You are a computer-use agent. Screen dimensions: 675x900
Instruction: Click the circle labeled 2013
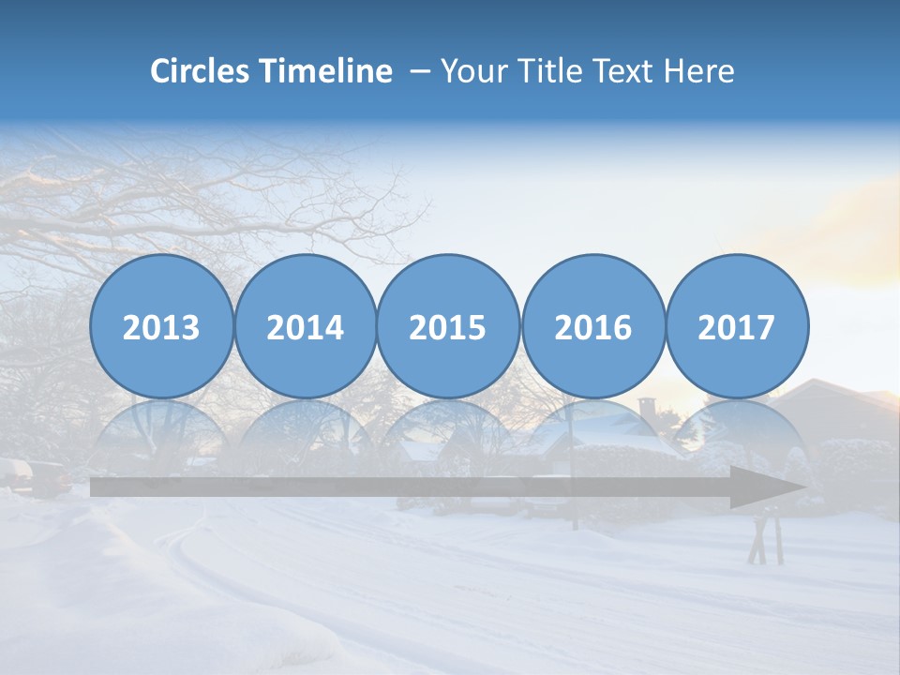click(161, 326)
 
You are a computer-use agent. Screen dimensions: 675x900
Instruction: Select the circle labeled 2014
click(305, 326)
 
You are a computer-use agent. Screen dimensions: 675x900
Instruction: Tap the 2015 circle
click(448, 326)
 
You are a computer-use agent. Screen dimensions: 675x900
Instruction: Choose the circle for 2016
click(592, 326)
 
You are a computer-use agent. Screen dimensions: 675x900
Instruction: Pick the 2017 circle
click(736, 326)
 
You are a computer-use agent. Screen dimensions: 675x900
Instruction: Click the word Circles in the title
click(201, 71)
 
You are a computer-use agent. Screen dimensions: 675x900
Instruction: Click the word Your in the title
click(470, 71)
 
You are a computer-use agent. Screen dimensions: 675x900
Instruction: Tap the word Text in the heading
click(621, 71)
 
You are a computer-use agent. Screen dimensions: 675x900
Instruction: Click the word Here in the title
click(698, 71)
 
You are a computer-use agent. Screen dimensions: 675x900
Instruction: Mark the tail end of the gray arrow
click(96, 487)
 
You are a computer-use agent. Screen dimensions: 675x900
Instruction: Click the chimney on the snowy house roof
click(647, 409)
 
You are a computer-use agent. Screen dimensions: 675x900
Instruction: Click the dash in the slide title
click(419, 72)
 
